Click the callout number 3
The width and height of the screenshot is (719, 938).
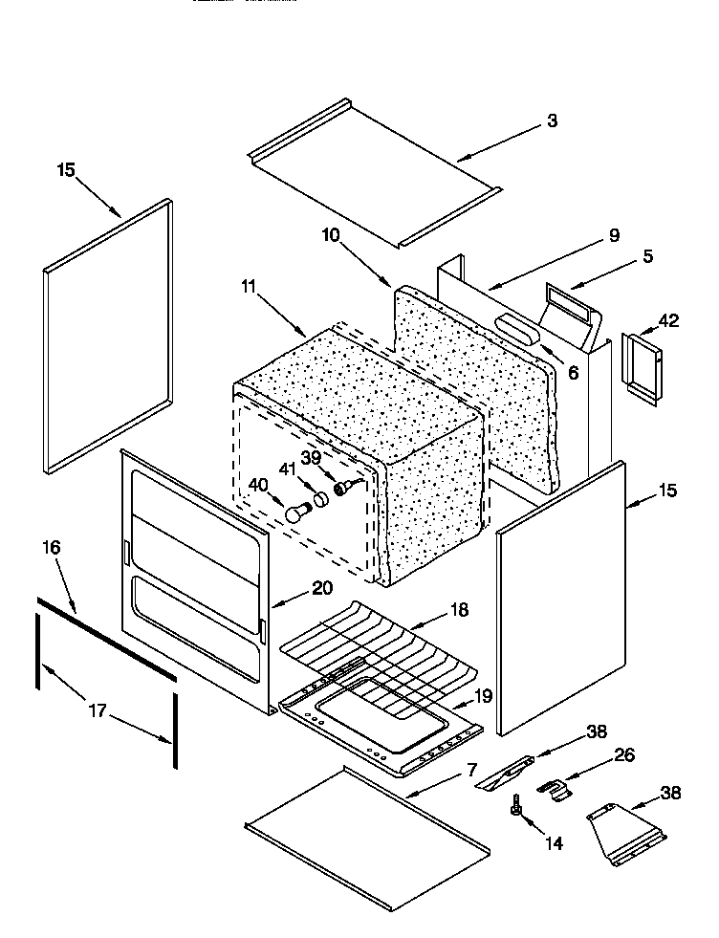552,121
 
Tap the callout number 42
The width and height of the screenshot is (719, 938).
668,320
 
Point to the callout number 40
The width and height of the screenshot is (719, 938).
257,485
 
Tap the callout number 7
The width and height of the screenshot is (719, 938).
471,769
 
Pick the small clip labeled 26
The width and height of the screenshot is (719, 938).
552,789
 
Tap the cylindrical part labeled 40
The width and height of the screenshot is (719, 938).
295,514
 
